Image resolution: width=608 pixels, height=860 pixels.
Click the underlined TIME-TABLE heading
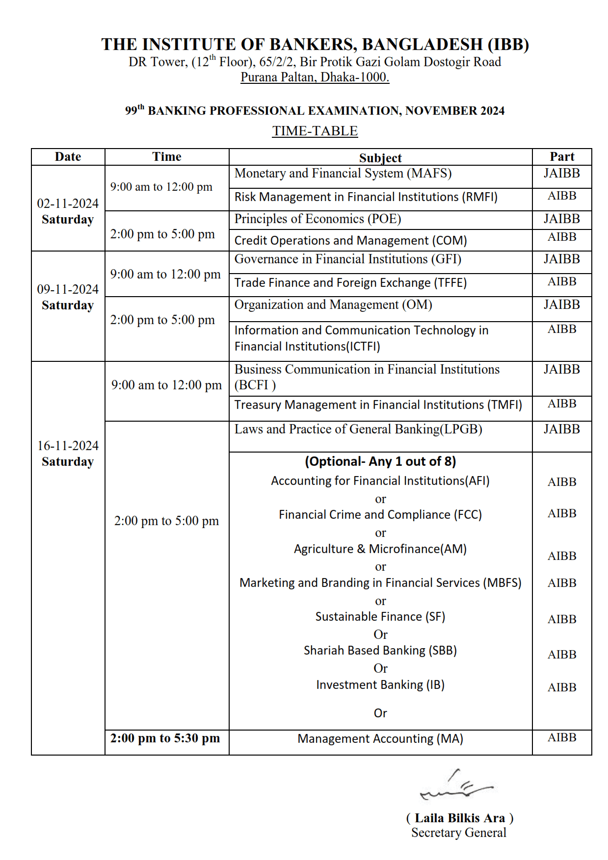tap(315, 131)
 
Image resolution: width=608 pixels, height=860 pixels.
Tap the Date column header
tap(68, 157)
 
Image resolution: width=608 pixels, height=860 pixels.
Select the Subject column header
tap(380, 158)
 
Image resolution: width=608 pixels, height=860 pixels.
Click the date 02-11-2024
tap(68, 203)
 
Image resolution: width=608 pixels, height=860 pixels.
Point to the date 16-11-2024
tap(68, 446)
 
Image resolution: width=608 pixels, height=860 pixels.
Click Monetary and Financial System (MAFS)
tap(343, 174)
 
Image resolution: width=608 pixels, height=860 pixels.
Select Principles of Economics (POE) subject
tap(317, 219)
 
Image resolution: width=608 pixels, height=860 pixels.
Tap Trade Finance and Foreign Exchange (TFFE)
tap(350, 283)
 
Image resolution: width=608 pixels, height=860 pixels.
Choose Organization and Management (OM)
tap(333, 305)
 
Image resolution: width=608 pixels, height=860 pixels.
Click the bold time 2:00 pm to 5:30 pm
tap(165, 738)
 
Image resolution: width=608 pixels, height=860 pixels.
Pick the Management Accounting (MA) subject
tap(380, 739)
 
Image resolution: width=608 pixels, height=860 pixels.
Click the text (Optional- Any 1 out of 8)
tap(380, 461)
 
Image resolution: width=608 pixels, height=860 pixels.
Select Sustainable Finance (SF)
tap(380, 617)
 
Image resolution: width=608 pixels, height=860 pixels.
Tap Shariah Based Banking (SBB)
tap(380, 651)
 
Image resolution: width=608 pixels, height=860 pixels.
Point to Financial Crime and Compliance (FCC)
tap(380, 515)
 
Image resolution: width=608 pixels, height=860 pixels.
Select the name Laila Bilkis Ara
tap(459, 818)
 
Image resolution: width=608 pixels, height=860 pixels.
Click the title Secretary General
tap(458, 833)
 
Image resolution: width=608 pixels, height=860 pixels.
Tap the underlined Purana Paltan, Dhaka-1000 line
tap(315, 77)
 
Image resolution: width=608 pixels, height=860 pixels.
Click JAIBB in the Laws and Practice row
tap(561, 430)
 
